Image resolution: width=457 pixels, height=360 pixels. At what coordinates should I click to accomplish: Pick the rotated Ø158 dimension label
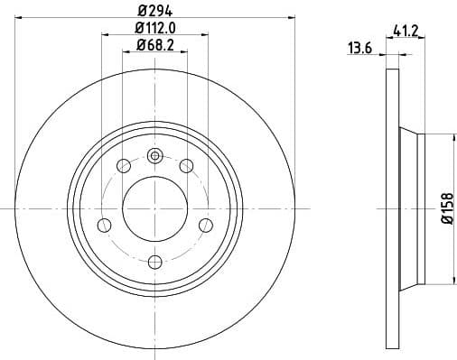tap(445, 208)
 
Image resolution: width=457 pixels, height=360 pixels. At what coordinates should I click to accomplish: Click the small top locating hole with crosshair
tap(154, 156)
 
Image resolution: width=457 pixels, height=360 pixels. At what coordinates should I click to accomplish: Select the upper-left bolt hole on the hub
tap(124, 165)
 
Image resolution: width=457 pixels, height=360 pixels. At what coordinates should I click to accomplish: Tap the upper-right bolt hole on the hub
tap(186, 165)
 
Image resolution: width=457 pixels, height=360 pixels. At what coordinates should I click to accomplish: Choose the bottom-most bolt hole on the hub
tap(154, 262)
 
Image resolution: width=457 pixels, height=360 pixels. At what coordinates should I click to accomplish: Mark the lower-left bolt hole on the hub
tap(104, 225)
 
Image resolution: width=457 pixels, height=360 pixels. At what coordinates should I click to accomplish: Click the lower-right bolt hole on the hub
tap(205, 225)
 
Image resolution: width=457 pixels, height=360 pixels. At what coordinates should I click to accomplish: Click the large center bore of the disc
tap(154, 208)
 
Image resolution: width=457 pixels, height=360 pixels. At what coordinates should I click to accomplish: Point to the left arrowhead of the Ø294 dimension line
tap(20, 17)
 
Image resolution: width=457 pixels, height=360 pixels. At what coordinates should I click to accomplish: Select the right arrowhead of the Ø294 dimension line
tap(291, 17)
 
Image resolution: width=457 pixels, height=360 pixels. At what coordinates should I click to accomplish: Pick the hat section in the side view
tap(411, 208)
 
